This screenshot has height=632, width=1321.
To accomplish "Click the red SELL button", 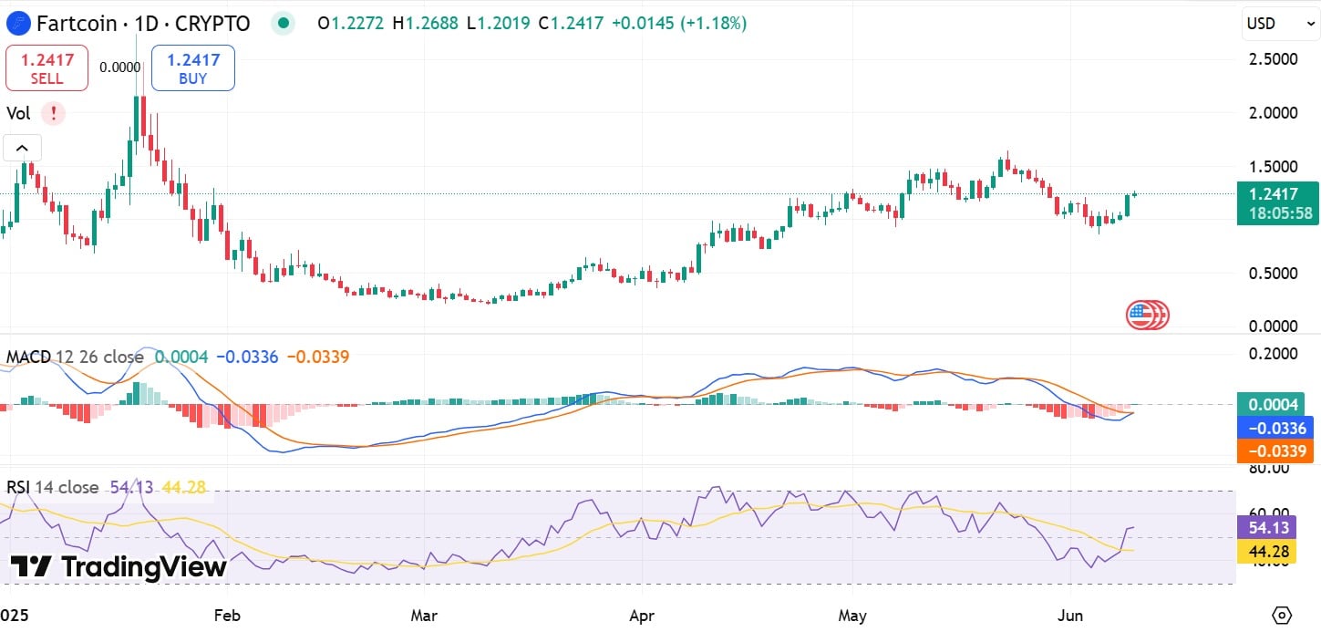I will tap(46, 68).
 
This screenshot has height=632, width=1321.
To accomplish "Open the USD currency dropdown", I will tap(1280, 24).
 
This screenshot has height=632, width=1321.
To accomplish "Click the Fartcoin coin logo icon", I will tap(15, 24).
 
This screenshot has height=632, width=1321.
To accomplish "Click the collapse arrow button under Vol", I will tap(22, 148).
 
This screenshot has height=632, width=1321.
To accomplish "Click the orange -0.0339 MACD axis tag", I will tap(1274, 451).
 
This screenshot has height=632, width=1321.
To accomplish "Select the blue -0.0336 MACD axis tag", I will tap(1274, 428).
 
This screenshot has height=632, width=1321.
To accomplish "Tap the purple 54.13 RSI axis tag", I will tap(1266, 528).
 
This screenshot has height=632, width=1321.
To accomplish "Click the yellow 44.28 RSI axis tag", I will tap(1266, 551).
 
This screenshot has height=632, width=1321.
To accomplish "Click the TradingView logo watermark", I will tap(119, 566).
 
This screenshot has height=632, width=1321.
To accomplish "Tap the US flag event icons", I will tap(1147, 316).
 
